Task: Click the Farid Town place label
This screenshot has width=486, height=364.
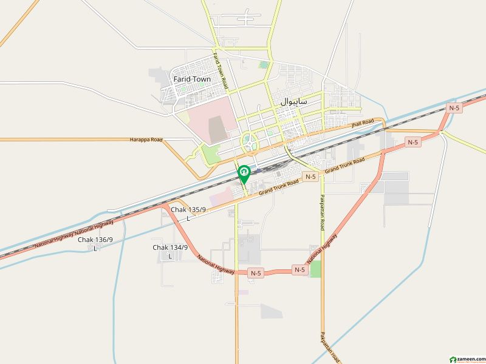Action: [x=191, y=79]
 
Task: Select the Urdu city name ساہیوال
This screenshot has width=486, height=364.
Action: [x=294, y=102]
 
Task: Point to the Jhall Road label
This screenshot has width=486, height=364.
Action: [x=360, y=124]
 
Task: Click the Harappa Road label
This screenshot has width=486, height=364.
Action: [x=146, y=140]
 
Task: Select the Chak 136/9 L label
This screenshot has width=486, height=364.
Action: [x=95, y=243]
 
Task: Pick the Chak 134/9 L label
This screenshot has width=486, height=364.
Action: [x=170, y=251]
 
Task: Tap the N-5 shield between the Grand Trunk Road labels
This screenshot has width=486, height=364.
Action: [x=311, y=177]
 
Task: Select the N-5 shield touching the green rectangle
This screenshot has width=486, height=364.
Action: [x=299, y=269]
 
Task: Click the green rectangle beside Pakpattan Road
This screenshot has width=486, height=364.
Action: [x=315, y=269]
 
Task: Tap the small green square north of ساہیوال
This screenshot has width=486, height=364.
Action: [x=264, y=64]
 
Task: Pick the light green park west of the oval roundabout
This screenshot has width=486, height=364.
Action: [x=211, y=154]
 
